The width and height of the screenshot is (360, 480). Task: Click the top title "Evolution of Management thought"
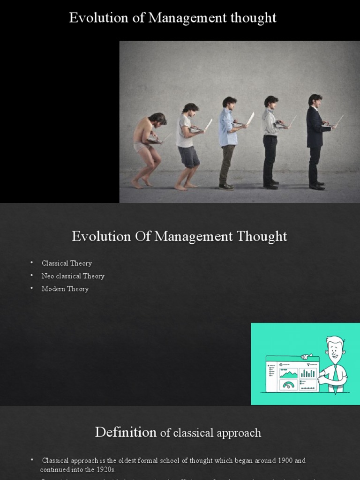172,18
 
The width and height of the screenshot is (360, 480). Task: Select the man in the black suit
315,141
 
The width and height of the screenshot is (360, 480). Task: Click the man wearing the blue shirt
228,141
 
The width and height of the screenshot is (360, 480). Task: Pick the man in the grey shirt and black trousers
270,141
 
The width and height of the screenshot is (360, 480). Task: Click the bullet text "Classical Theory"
67,263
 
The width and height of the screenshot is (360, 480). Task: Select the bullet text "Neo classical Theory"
73,276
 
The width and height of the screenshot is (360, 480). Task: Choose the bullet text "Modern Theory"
65,289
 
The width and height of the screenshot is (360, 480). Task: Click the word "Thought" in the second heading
262,236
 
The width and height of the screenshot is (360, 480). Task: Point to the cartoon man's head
335,349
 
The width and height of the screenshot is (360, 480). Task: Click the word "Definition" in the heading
126,432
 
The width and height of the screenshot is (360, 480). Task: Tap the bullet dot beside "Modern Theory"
32,289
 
